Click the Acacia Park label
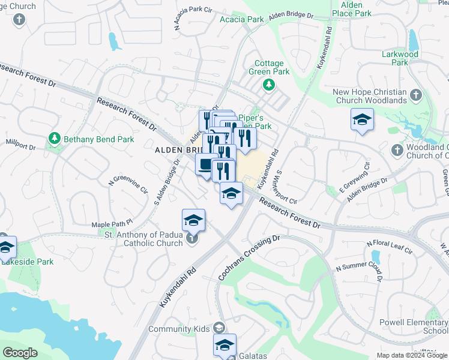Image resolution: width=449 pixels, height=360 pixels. point(242,19)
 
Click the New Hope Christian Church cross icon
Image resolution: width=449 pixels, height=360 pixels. point(415,94)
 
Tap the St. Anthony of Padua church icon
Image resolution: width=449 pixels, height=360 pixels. point(191,239)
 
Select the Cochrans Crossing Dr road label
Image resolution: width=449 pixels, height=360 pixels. point(249,259)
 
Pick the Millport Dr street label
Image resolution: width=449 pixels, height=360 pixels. point(21,144)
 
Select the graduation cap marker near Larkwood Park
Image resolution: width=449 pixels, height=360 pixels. point(362,119)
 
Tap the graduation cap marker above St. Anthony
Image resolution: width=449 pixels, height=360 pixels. point(194,220)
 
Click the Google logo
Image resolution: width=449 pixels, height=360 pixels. point(20,352)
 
